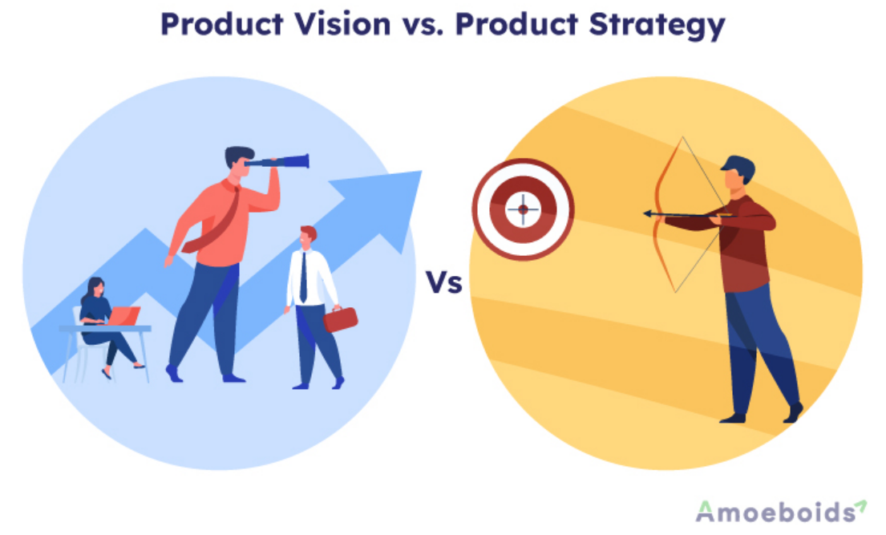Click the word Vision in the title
tap(342, 24)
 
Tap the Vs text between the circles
tap(443, 282)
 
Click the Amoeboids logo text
tap(776, 512)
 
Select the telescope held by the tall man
tap(277, 162)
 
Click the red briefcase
tap(340, 319)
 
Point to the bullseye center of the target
tap(524, 209)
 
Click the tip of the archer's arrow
tap(645, 214)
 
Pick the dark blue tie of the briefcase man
tap(303, 277)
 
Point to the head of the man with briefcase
tap(307, 237)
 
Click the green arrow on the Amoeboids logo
tap(860, 506)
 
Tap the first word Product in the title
tap(221, 24)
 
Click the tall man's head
tap(238, 160)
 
